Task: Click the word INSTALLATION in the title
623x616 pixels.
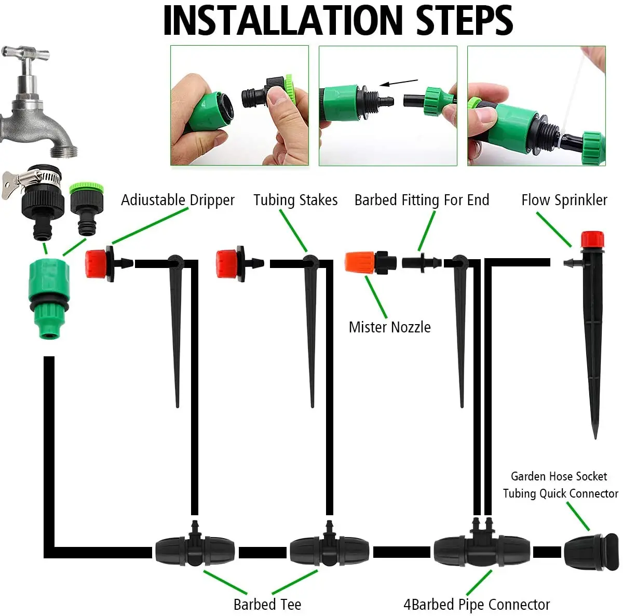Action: (x=283, y=20)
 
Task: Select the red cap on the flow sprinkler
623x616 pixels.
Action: (x=592, y=240)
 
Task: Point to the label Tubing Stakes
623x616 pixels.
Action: (x=295, y=200)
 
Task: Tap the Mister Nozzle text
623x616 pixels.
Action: (x=389, y=327)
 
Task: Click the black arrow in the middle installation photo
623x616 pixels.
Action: (x=399, y=83)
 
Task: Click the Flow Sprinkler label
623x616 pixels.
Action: (x=564, y=200)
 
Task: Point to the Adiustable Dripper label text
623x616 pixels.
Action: (x=178, y=200)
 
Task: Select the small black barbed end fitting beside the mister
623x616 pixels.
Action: (x=422, y=262)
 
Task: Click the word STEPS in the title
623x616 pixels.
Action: (x=464, y=20)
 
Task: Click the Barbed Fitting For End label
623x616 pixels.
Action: (x=422, y=200)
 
